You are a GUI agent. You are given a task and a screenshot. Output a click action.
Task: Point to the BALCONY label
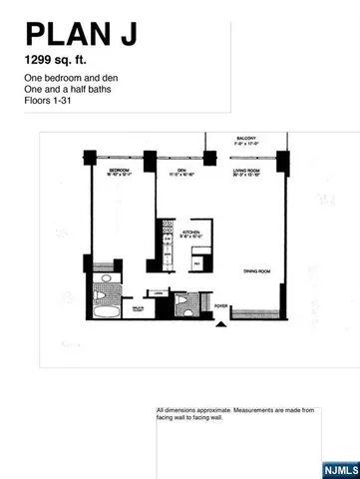(x=246, y=139)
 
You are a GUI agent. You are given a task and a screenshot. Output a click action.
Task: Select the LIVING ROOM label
(x=246, y=171)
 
